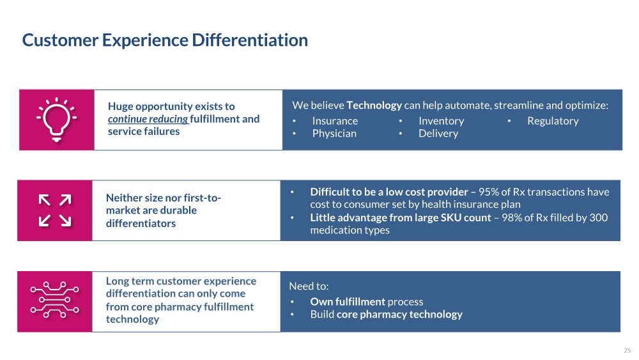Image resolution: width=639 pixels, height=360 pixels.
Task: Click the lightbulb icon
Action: tap(57, 120)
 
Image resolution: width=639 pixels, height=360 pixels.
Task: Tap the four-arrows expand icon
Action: tap(55, 210)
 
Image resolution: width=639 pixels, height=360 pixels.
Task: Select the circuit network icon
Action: tap(54, 299)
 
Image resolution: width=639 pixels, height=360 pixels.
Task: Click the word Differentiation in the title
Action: tap(250, 40)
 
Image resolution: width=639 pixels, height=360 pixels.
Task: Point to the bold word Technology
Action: tap(374, 106)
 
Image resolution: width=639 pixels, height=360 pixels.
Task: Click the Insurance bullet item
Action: tap(335, 121)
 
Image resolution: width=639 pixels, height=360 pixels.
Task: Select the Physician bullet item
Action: tap(334, 134)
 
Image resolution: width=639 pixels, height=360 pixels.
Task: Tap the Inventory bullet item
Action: tap(442, 121)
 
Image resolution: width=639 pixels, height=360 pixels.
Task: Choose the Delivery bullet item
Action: tap(438, 134)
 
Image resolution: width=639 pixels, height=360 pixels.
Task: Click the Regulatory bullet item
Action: tap(553, 121)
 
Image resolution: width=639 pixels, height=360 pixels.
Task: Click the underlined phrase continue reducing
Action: tap(148, 119)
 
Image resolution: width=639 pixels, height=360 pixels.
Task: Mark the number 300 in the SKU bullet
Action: tap(599, 217)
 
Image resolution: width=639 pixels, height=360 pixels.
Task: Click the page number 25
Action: tap(627, 350)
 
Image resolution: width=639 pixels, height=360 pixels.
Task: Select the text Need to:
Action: tap(309, 286)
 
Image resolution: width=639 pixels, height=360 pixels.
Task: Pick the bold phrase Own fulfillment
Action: tap(348, 302)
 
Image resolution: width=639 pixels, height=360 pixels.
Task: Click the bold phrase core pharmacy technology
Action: tap(399, 315)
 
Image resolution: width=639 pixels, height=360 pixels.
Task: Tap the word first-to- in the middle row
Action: tap(203, 198)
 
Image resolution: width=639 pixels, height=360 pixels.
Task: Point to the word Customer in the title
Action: tap(60, 40)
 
